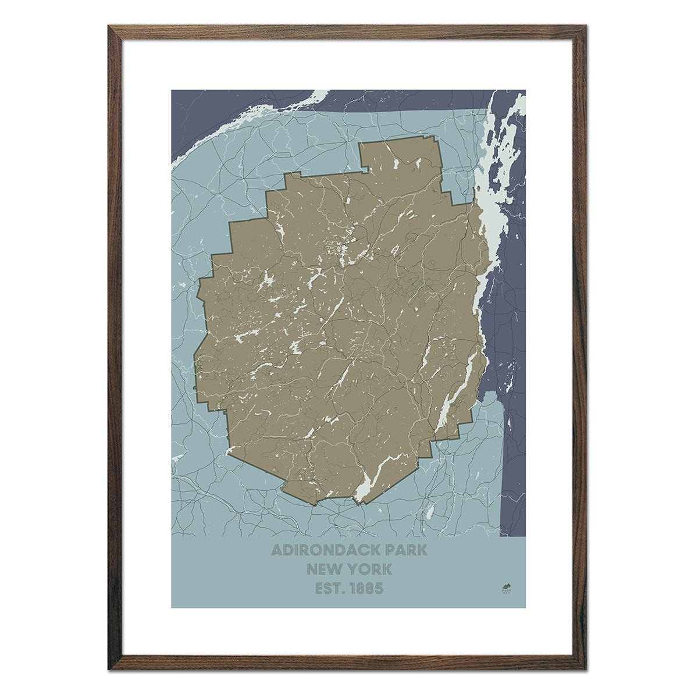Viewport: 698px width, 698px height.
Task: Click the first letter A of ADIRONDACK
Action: click(276, 549)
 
